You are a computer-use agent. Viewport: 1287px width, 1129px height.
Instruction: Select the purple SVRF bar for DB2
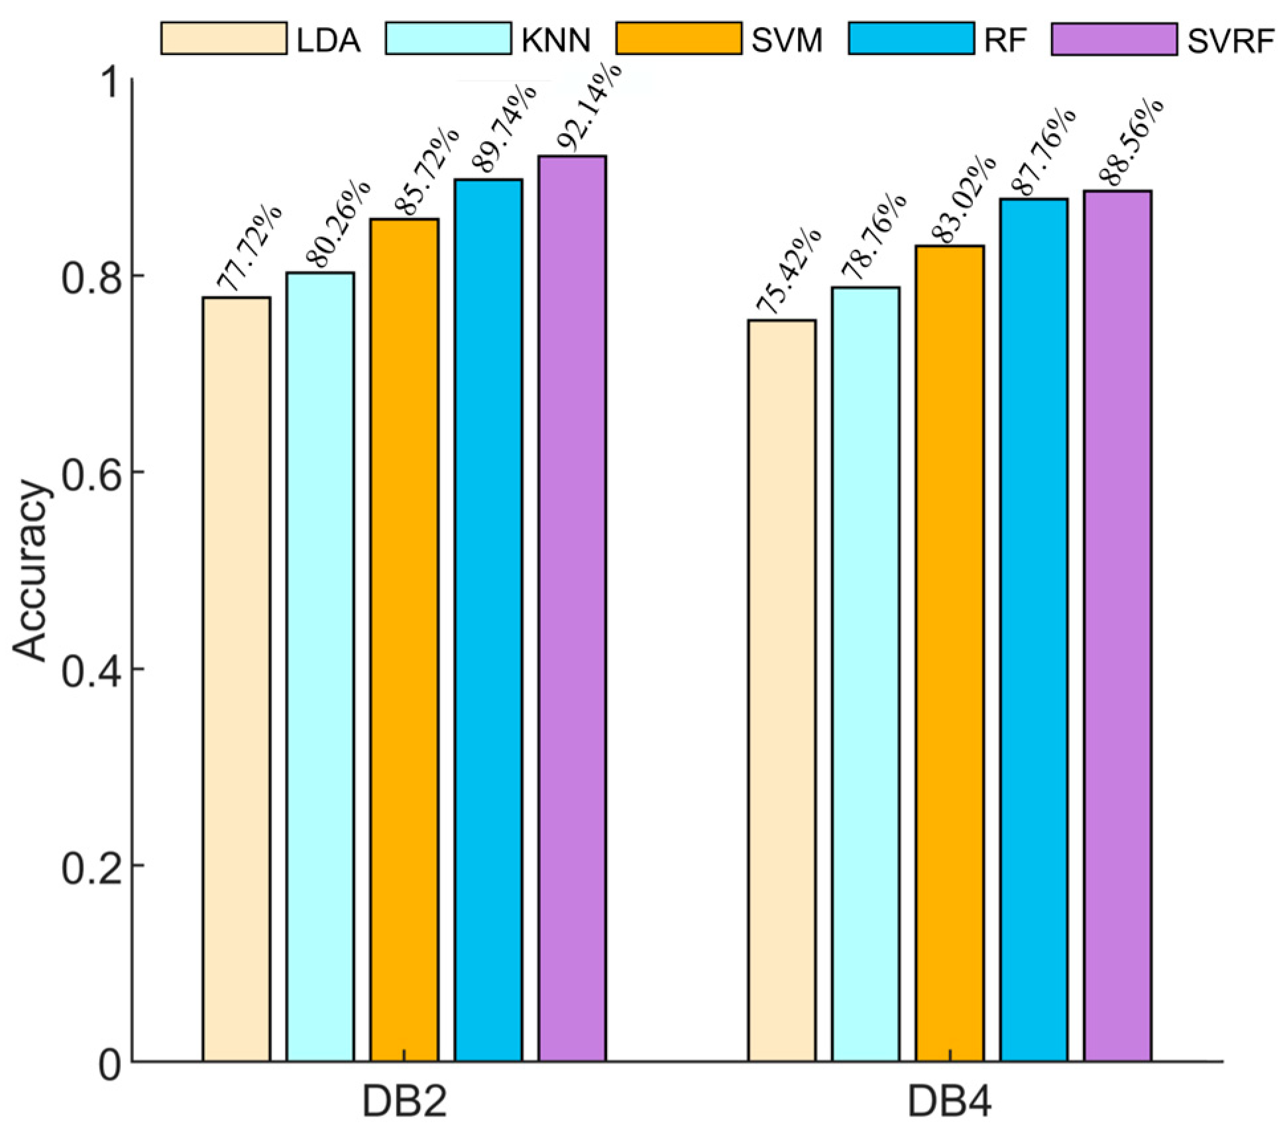572,610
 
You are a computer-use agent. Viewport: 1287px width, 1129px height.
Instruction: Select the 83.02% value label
963,200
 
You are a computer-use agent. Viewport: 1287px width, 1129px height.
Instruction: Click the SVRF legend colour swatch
1114,39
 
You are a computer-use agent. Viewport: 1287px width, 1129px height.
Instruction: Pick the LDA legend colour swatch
224,39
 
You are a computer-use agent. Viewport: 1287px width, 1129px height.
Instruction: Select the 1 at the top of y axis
109,84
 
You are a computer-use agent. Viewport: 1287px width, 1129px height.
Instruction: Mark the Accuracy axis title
32,570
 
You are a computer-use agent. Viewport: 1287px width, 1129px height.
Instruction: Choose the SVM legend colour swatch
679,39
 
